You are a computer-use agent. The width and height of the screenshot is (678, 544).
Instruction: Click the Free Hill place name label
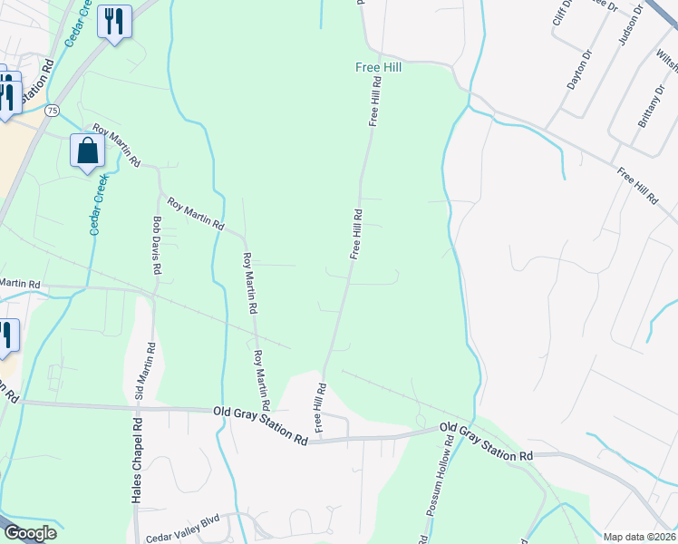pyautogui.click(x=379, y=67)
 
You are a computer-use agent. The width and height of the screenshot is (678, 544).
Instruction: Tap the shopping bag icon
pyautogui.click(x=88, y=151)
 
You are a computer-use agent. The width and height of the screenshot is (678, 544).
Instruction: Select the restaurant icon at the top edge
pyautogui.click(x=114, y=22)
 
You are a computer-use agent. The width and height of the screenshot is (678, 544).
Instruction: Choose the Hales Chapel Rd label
pyautogui.click(x=136, y=461)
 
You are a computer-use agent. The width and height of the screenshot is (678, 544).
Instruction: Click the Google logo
pyautogui.click(x=30, y=533)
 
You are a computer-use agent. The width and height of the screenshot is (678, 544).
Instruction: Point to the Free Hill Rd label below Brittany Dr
pyautogui.click(x=635, y=185)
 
